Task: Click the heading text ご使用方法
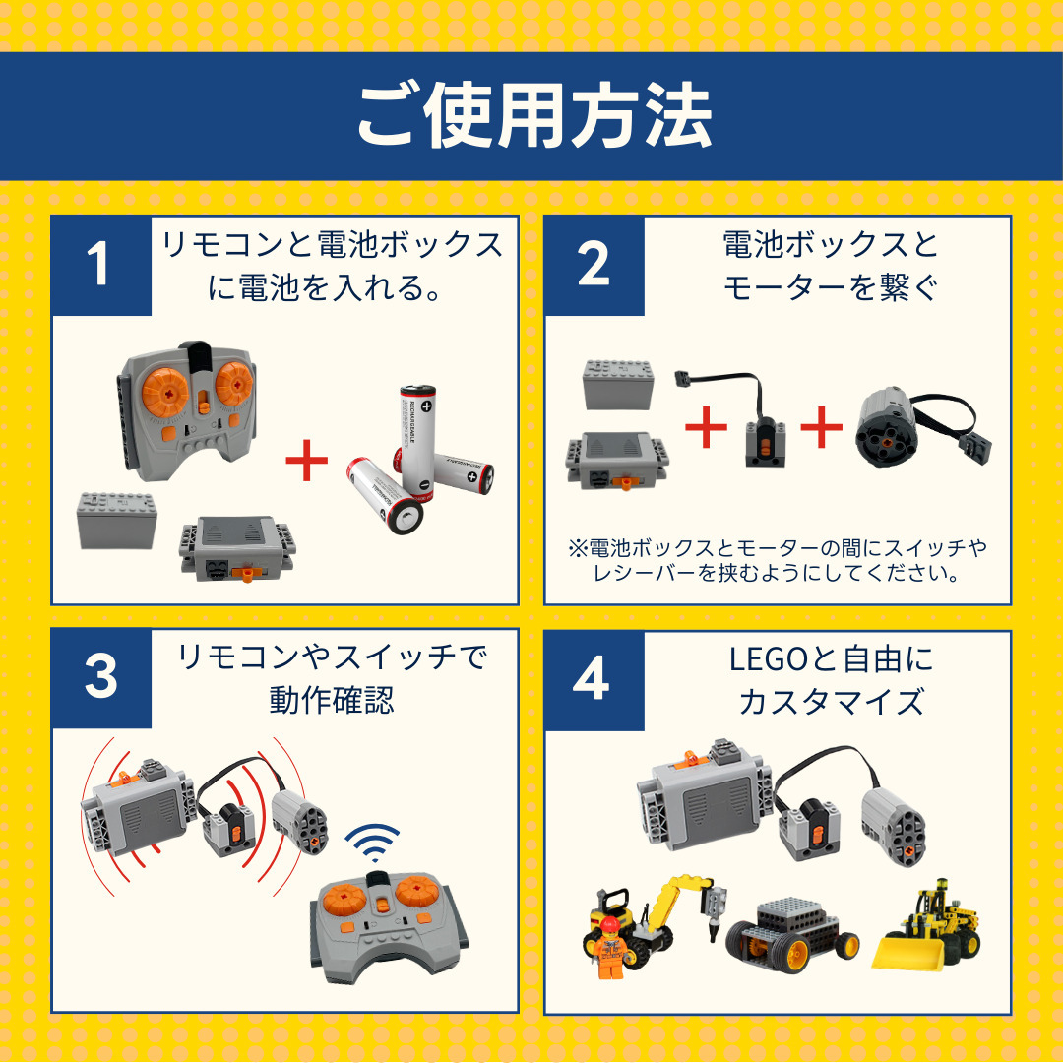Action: (x=534, y=116)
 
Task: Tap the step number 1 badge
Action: (x=101, y=265)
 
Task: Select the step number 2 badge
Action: (x=594, y=265)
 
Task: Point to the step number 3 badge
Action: (x=101, y=678)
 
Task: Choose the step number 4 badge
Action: (x=594, y=680)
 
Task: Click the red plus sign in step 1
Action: (x=307, y=461)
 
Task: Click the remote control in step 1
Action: (x=187, y=408)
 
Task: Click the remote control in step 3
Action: (x=389, y=926)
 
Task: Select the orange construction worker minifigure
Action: (x=610, y=948)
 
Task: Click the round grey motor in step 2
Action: (x=887, y=428)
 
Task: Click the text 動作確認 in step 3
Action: (x=332, y=700)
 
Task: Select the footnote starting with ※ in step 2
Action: (x=778, y=560)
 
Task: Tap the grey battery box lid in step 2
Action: (x=618, y=385)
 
